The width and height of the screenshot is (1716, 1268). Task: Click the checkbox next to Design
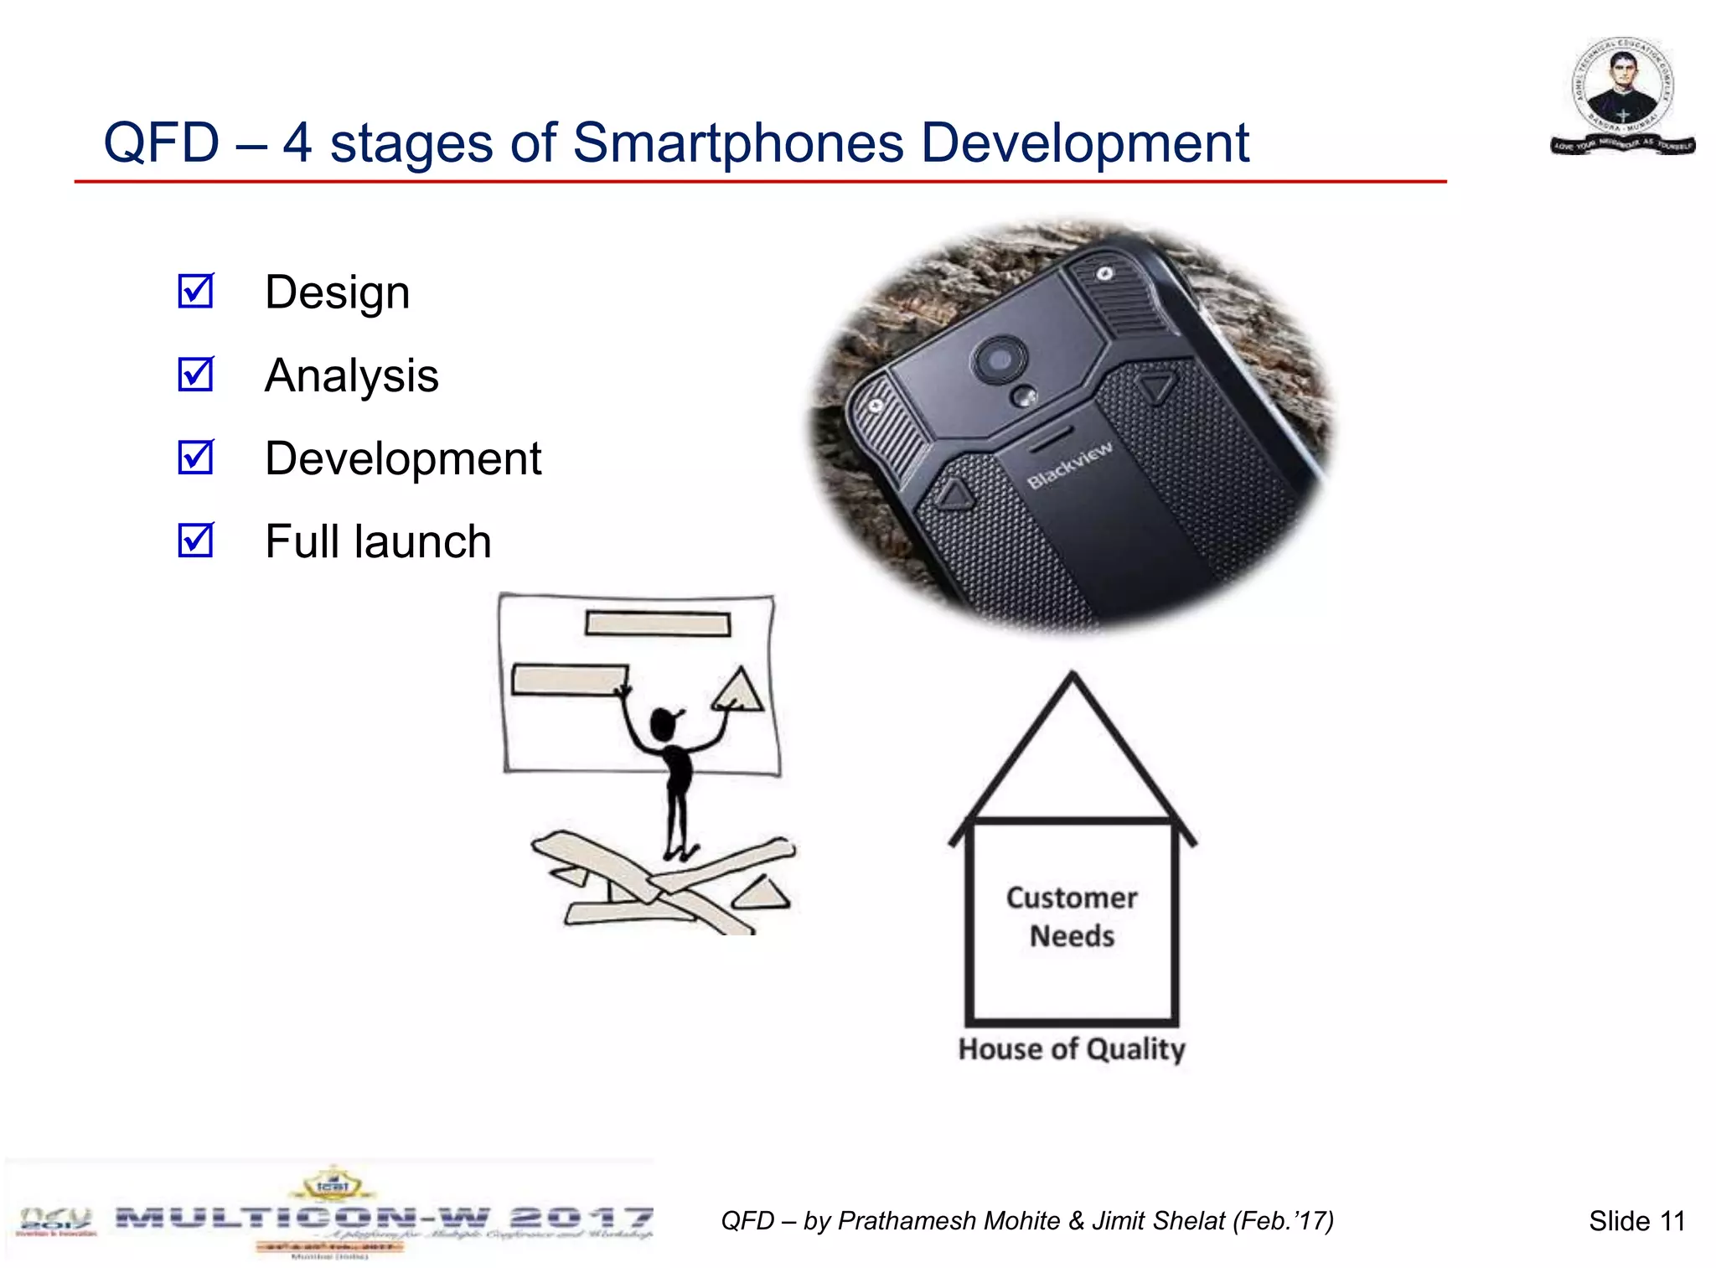click(196, 292)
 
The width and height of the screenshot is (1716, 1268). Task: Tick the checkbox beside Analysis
click(196, 375)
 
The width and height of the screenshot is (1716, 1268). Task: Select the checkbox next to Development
click(196, 458)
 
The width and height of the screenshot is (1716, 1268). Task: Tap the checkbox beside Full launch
click(196, 541)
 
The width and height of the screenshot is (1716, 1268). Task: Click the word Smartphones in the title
click(738, 142)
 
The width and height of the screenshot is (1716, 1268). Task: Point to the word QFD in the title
click(161, 142)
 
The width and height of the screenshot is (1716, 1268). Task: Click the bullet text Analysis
click(351, 375)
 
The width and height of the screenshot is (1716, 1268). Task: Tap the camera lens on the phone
click(1000, 360)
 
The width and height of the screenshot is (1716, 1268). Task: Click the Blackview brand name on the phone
click(1070, 465)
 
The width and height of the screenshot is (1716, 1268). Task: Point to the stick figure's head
click(664, 722)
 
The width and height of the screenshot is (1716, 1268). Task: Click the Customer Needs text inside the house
click(1072, 917)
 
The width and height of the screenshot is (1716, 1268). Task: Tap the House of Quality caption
click(1072, 1049)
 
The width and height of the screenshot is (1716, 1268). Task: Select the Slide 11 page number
click(1636, 1221)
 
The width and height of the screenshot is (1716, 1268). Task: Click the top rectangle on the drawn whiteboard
click(658, 624)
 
